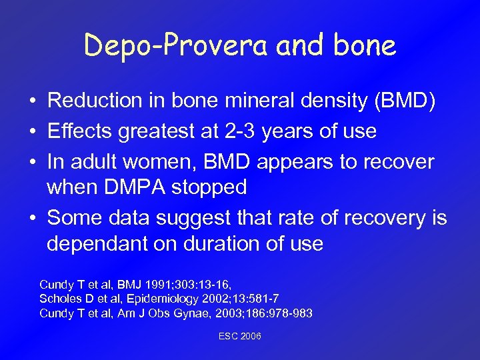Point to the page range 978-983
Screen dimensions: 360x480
point(289,313)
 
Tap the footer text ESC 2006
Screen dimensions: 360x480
point(240,336)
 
